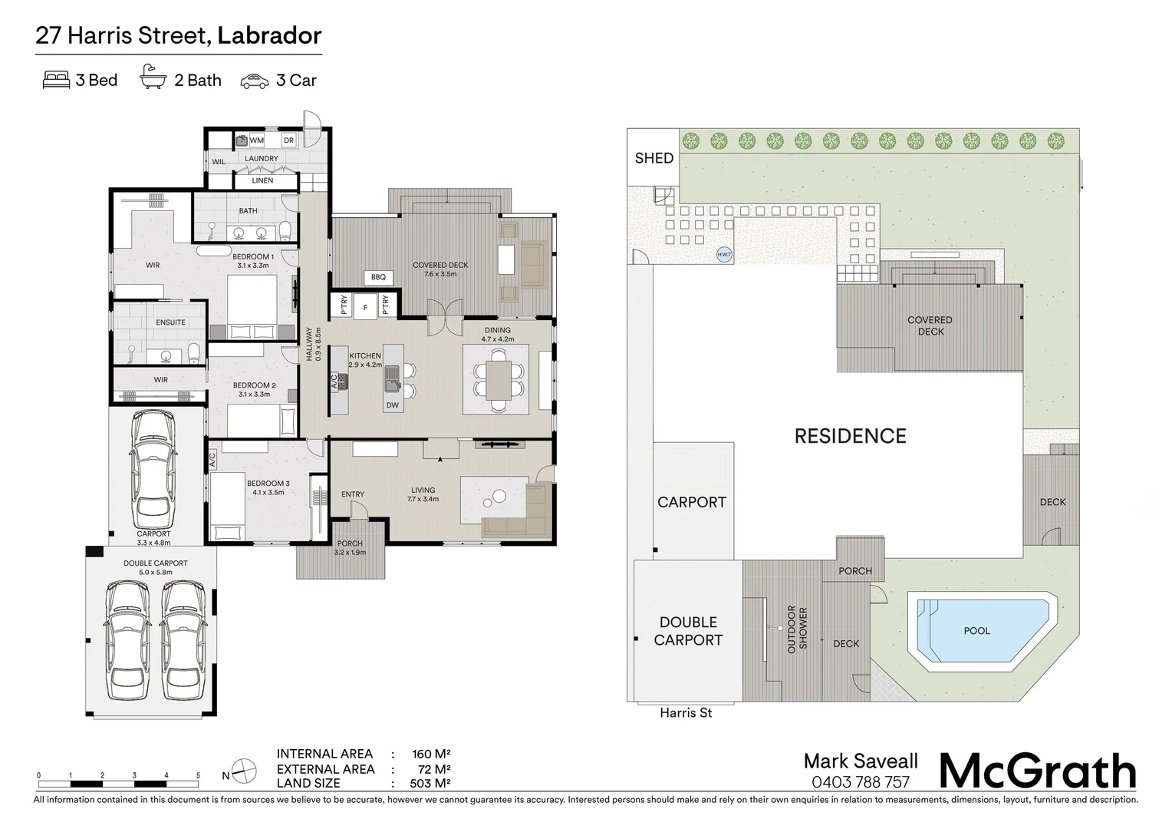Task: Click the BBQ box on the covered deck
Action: [x=378, y=277]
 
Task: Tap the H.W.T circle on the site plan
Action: [x=724, y=255]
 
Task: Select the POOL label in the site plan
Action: [x=976, y=631]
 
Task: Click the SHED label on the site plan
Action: [x=653, y=158]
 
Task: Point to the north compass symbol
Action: [x=244, y=770]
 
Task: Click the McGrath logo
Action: [x=1038, y=771]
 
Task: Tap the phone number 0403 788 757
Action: [x=860, y=782]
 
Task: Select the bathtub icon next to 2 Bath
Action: [x=153, y=79]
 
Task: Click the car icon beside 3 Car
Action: [x=255, y=81]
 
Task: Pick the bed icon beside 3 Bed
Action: [x=56, y=80]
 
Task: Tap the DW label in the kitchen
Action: [x=392, y=405]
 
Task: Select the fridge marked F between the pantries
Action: [x=365, y=307]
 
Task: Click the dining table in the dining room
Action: [x=498, y=380]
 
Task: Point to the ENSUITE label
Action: [x=170, y=322]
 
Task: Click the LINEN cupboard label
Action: [x=262, y=180]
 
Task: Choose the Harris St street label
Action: [x=686, y=713]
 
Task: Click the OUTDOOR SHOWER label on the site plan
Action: [x=798, y=628]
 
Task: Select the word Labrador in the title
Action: [x=269, y=35]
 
